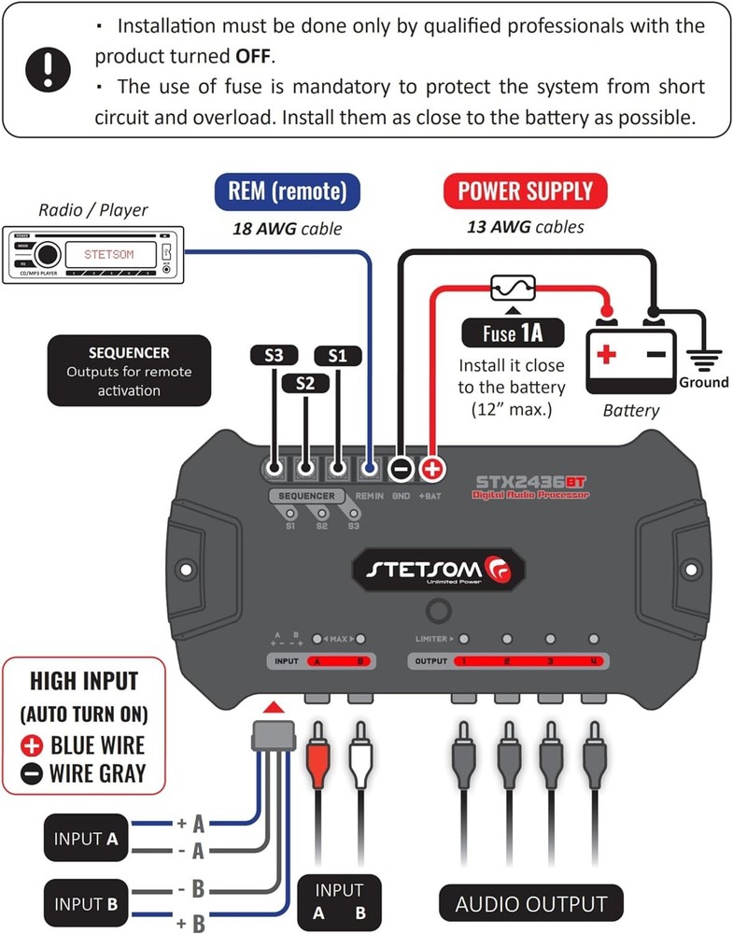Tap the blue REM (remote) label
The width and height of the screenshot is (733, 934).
[x=287, y=191]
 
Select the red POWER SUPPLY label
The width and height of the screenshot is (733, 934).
[x=526, y=191]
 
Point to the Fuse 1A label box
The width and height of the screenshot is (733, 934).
[x=512, y=333]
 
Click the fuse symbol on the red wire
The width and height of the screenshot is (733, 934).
[x=513, y=286]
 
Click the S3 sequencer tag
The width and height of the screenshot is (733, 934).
[x=274, y=356]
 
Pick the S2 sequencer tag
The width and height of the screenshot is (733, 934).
[x=305, y=383]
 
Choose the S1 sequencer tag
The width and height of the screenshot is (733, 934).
[x=337, y=356]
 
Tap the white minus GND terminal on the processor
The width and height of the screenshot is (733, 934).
[x=402, y=468]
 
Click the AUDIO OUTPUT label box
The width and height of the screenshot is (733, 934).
[x=530, y=903]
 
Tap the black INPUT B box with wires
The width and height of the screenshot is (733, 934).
[x=85, y=903]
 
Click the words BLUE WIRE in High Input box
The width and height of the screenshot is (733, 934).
[x=98, y=744]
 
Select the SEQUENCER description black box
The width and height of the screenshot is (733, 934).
[x=129, y=372]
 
